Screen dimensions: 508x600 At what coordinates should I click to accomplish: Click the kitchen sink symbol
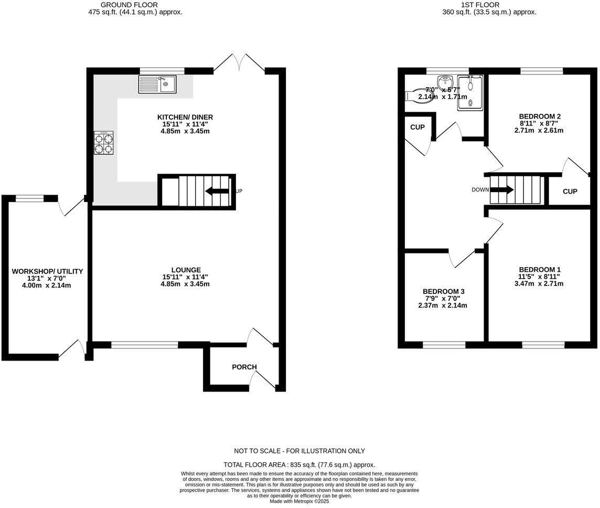point(158,84)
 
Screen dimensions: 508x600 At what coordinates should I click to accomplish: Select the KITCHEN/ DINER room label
point(185,117)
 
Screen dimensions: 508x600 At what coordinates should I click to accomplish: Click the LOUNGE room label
point(185,270)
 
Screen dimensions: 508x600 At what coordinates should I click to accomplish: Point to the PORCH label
point(243,367)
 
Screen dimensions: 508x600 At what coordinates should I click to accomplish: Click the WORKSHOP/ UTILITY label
point(48,271)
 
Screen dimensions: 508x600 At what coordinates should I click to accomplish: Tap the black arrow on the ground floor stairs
point(216,191)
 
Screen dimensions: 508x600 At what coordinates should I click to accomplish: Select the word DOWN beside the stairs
point(480,190)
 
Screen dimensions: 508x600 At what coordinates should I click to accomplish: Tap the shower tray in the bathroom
point(469,92)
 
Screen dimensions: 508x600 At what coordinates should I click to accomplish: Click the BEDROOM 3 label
point(444,291)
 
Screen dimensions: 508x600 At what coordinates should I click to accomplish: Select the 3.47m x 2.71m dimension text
point(539,284)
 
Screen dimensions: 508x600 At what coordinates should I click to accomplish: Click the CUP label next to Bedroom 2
point(570,192)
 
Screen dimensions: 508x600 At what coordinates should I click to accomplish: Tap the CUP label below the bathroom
point(417,128)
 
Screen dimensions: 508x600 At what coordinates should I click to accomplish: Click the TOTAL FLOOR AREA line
point(299,464)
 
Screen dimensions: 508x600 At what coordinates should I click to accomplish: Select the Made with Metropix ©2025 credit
point(299,501)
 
